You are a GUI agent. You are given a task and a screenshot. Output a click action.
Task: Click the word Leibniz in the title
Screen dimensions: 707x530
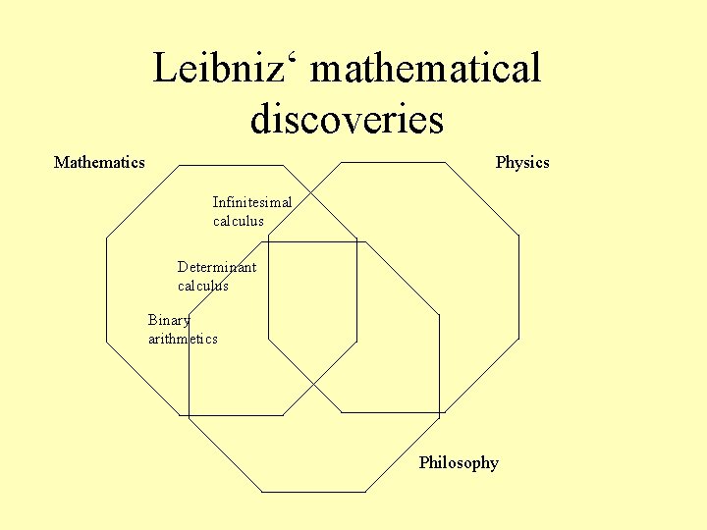[x=222, y=70]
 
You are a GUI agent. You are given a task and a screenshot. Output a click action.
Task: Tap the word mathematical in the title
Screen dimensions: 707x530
[x=424, y=70]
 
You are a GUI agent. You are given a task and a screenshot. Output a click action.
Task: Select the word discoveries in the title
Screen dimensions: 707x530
[x=347, y=120]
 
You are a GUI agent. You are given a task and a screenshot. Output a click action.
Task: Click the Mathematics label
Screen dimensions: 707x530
[x=99, y=162]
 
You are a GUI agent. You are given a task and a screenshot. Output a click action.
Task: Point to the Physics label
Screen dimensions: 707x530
[x=522, y=163]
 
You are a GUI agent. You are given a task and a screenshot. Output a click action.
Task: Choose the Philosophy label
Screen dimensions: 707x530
[x=459, y=463]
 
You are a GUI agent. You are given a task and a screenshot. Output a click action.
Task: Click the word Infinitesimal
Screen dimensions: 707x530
[x=252, y=202]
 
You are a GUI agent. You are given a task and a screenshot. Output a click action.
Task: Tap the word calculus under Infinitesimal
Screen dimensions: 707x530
[x=239, y=221]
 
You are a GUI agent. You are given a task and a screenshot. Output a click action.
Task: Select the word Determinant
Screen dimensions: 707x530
[x=217, y=267]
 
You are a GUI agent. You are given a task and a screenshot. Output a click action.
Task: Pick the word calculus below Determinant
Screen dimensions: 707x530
[x=203, y=286]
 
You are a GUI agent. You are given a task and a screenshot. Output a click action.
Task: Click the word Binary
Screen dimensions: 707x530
[x=169, y=320]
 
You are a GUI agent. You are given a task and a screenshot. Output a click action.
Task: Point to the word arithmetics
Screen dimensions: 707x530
[x=183, y=339]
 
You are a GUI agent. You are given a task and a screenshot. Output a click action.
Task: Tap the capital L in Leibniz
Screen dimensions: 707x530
[x=166, y=70]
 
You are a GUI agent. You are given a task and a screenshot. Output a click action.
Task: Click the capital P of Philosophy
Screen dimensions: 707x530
[x=424, y=462]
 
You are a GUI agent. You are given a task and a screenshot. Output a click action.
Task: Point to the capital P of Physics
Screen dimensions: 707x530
[x=501, y=162]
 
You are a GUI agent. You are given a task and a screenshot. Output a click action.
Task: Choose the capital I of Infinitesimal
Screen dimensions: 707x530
[x=216, y=202]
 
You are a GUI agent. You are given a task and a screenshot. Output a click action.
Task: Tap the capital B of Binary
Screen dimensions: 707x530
[x=153, y=320]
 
